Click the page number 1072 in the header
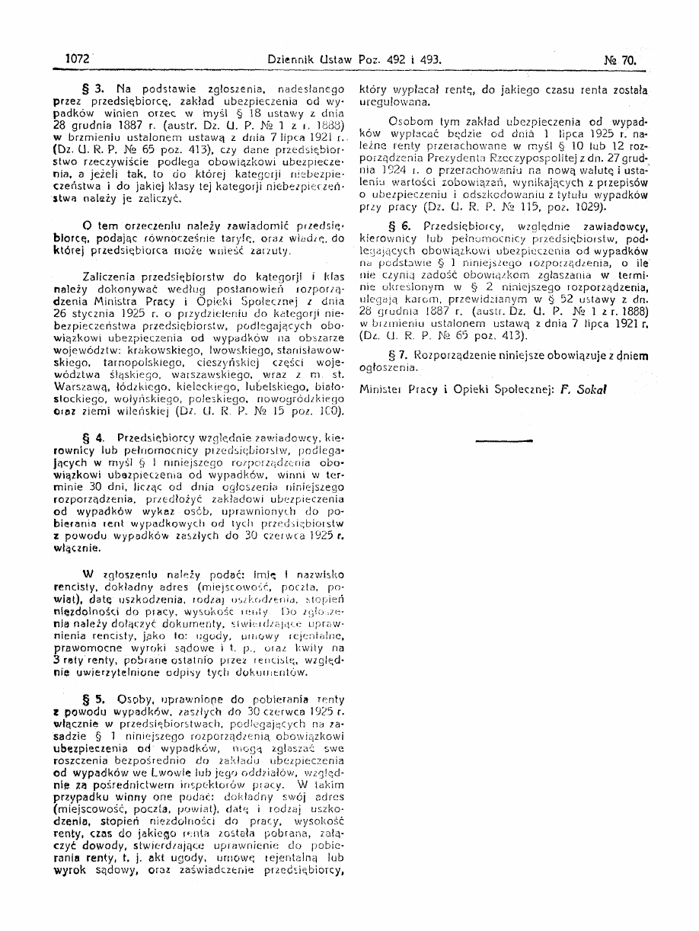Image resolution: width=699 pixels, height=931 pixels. [78, 58]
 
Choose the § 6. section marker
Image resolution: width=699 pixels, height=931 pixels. [402, 226]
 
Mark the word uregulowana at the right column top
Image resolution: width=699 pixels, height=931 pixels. [388, 99]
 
